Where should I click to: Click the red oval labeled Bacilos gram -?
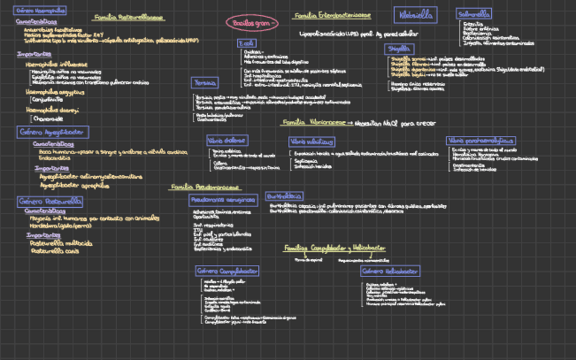[252, 23]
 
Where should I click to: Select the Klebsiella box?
[415, 15]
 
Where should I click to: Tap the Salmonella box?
[474, 14]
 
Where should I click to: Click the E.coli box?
[247, 43]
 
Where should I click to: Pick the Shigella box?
[399, 49]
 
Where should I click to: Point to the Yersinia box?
[204, 82]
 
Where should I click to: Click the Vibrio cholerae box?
[227, 140]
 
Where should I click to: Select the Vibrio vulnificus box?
[311, 141]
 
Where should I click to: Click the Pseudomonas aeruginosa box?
[223, 200]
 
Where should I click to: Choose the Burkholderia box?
[284, 196]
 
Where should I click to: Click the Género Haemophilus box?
[40, 11]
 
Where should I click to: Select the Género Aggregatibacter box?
[53, 132]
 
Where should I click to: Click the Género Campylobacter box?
[228, 271]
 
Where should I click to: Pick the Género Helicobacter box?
[389, 271]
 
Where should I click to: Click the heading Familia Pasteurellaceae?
[128, 18]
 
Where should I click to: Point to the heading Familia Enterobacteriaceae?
[331, 15]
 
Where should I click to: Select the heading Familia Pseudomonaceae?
[204, 186]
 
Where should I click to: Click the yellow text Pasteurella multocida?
[61, 242]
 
